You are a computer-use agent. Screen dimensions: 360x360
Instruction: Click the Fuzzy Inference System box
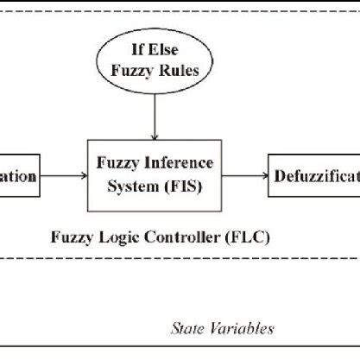point(155,176)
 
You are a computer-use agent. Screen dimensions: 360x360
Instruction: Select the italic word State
point(189,328)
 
